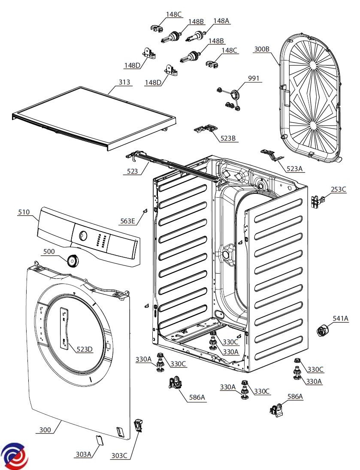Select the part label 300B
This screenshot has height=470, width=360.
(261, 49)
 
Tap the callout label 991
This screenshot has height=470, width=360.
(254, 78)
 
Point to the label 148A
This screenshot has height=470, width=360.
(221, 21)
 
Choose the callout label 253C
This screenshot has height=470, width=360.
(338, 190)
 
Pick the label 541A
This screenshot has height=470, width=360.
(341, 318)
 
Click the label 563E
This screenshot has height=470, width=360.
(127, 221)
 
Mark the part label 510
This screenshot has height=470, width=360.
(24, 212)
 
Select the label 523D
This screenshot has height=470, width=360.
(85, 349)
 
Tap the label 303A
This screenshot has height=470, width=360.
(83, 455)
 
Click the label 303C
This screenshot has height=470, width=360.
(119, 455)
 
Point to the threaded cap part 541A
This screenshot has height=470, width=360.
(321, 331)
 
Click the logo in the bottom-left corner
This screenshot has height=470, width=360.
(14, 455)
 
